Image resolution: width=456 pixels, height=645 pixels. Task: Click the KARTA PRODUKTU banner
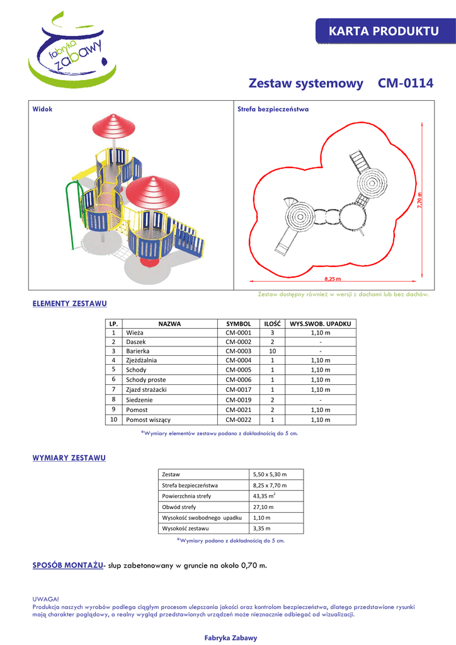[x=384, y=31]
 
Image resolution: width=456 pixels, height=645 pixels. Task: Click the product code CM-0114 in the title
[x=406, y=83]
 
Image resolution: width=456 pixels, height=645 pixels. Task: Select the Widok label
[x=43, y=109]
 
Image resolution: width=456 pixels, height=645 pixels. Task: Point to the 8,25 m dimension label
[x=333, y=278]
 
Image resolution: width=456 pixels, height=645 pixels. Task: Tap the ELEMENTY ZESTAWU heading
[x=69, y=304]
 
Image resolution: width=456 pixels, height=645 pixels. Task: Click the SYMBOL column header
[x=238, y=323]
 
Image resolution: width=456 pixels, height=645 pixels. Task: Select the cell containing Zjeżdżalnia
[x=142, y=360]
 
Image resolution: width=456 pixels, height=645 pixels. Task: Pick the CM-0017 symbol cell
[x=238, y=390]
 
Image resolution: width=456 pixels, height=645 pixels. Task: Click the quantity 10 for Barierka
[x=272, y=350]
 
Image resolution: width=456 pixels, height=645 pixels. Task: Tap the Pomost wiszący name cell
[x=148, y=420]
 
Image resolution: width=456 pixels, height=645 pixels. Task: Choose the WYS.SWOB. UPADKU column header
[x=320, y=323]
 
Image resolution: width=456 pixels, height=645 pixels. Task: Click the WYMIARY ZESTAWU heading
[x=69, y=458]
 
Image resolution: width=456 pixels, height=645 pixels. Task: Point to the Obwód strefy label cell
[x=179, y=506]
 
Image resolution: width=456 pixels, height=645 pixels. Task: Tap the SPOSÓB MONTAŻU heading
[x=67, y=565]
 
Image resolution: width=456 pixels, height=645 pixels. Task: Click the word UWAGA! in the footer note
[x=45, y=599]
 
